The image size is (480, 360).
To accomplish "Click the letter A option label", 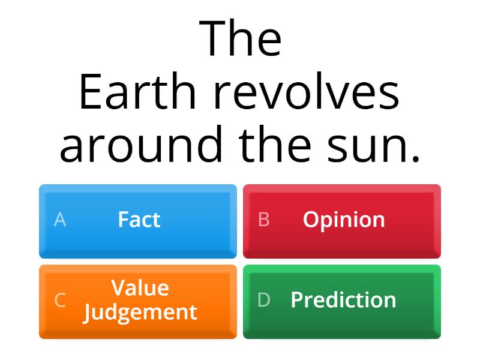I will (60, 220).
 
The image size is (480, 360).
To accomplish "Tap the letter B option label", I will (263, 220).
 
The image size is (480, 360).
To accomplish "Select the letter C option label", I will (60, 300).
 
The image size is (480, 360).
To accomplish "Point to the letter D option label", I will (264, 300).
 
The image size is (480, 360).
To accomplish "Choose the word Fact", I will (139, 220).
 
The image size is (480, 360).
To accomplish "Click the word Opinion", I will (344, 220).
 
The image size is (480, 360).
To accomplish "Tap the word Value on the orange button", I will (140, 288).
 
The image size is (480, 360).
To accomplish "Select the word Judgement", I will (140, 312).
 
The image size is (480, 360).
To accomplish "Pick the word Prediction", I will (343, 300).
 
